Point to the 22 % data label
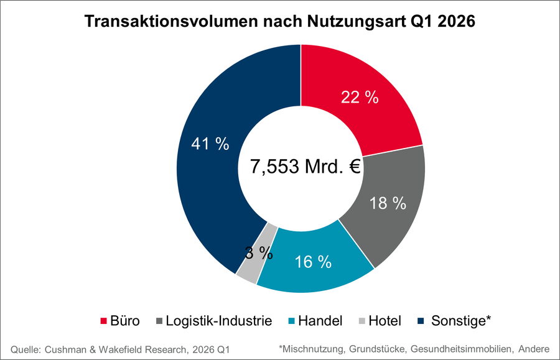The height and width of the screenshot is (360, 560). pos(360,98)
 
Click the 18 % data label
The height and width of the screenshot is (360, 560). pos(387,203)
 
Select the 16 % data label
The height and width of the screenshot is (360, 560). pos(312,262)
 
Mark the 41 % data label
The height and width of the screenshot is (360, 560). pos(210,144)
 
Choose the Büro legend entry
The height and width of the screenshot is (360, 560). pos(121,321)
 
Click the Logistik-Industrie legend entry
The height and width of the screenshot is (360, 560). pos(219,321)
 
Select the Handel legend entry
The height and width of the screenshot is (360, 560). pos(320,321)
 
